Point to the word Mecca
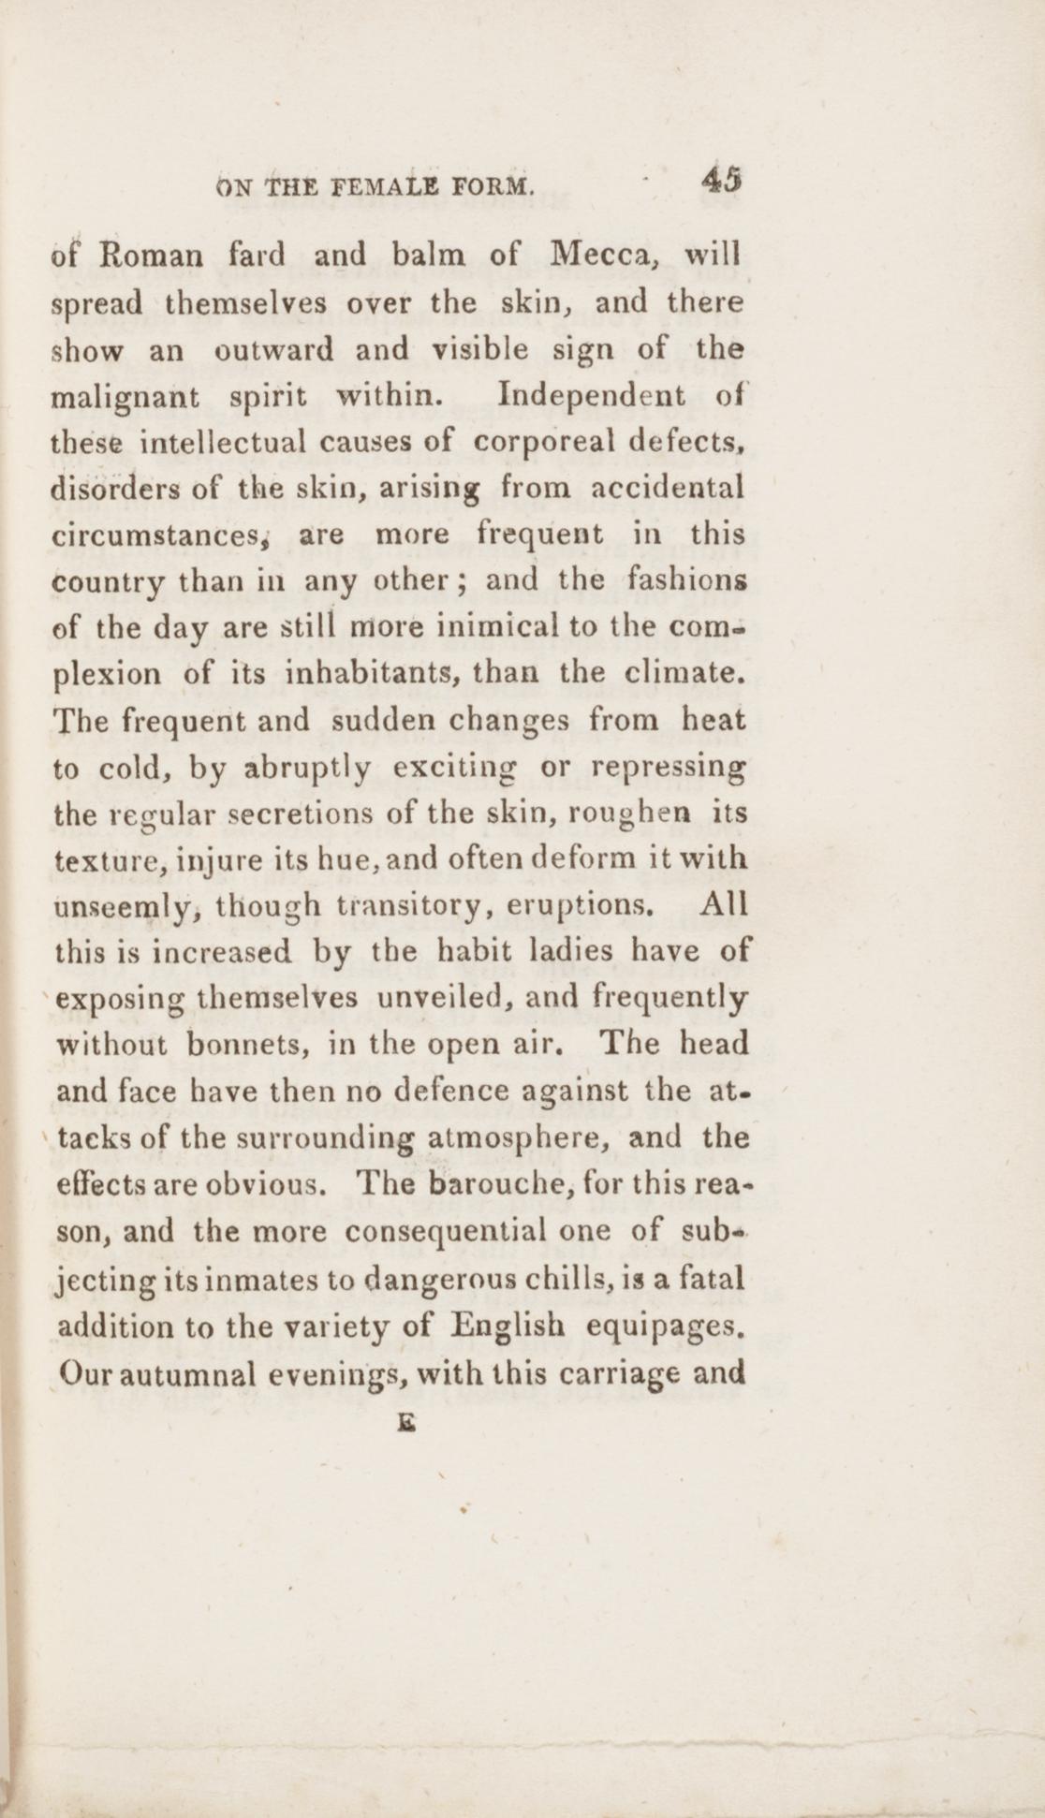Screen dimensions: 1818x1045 click(596, 255)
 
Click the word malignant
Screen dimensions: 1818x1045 click(126, 396)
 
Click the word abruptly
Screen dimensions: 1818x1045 click(307, 767)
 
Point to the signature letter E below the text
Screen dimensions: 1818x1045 click(405, 1417)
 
